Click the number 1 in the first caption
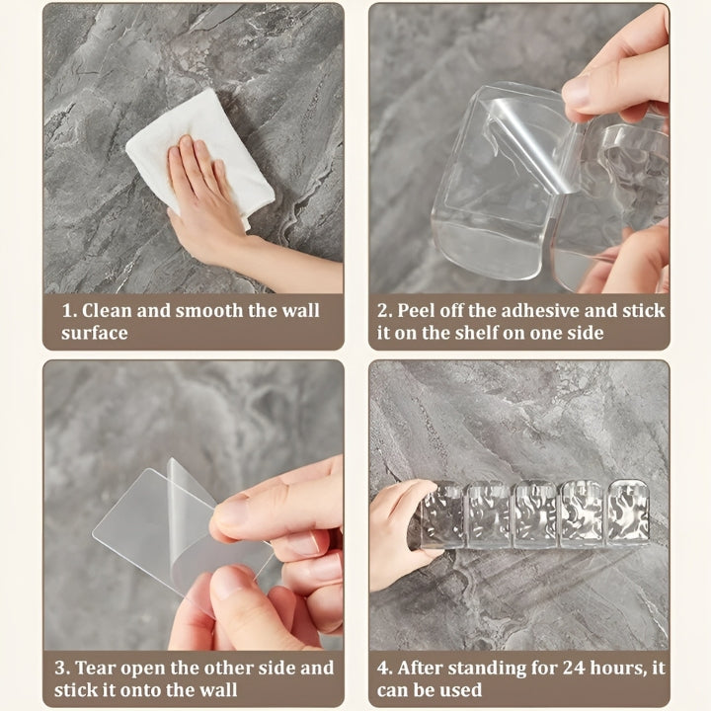(67, 310)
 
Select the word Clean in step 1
(106, 310)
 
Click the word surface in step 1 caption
(95, 333)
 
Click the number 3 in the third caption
(65, 669)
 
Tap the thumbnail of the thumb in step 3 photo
(233, 511)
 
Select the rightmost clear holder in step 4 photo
(628, 513)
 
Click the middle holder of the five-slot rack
(534, 513)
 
